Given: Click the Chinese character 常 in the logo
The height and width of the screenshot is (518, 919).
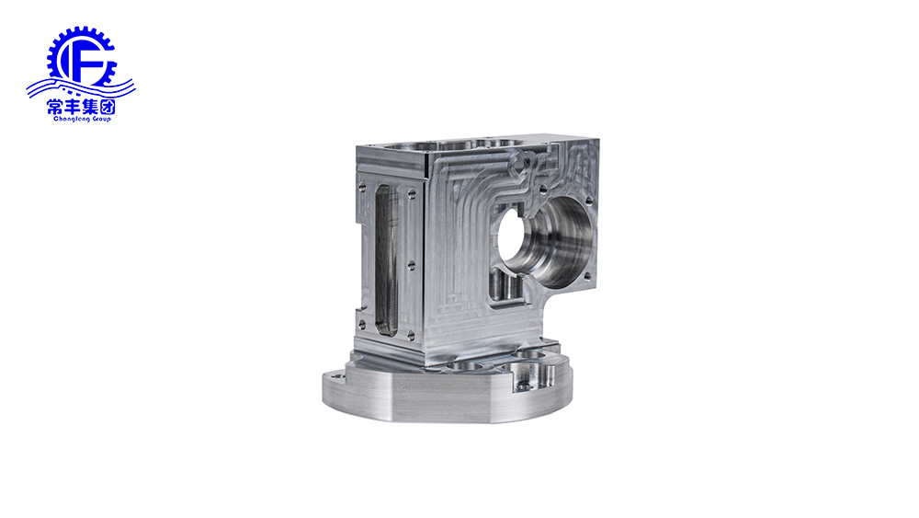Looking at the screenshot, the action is tap(55, 107).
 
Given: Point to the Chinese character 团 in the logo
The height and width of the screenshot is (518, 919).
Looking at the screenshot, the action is tap(108, 107).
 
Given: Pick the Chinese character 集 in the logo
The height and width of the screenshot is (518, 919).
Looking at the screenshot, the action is tap(90, 107).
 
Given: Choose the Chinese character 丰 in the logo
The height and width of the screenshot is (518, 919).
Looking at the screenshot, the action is tap(73, 107).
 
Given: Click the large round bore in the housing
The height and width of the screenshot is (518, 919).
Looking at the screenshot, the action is tap(545, 242).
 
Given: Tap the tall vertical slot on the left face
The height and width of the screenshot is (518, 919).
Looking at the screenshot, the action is tap(385, 259).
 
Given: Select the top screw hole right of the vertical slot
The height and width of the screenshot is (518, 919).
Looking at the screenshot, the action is tap(412, 191).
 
